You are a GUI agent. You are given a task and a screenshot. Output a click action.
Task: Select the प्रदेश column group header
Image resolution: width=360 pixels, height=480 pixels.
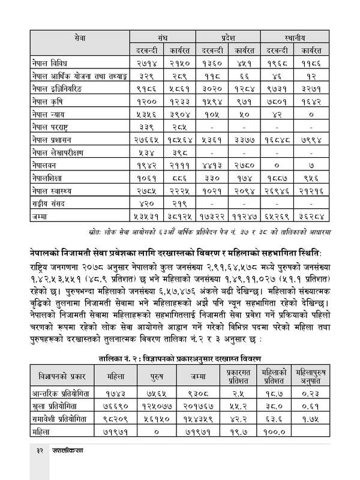coord(232,37)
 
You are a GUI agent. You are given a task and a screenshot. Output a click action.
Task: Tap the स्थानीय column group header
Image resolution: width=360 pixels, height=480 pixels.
coord(305,37)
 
